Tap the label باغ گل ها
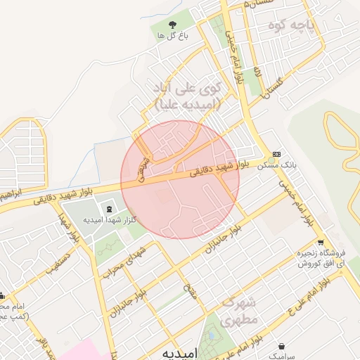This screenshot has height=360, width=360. click(x=172, y=34)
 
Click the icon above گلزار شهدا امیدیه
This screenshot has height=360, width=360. click(x=109, y=209)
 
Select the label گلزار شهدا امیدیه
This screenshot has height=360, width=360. click(x=109, y=220)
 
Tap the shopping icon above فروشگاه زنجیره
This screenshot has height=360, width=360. click(x=321, y=241)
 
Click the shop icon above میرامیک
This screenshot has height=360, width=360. click(x=283, y=347)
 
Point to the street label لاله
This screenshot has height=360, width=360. click(x=258, y=72)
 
